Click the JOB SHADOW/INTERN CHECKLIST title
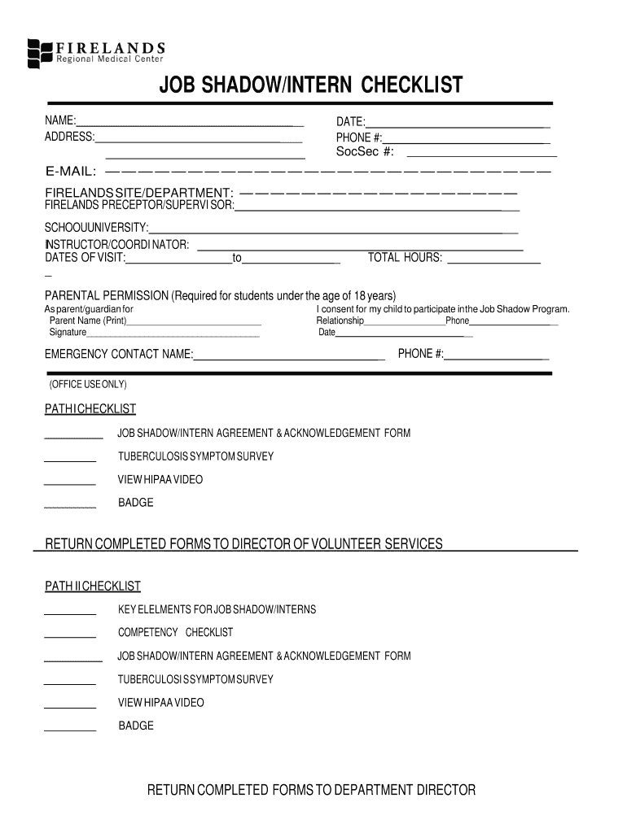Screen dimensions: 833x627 pyautogui.click(x=310, y=85)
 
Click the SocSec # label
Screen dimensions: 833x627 pyautogui.click(x=366, y=152)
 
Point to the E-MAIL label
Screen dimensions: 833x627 pyautogui.click(x=71, y=172)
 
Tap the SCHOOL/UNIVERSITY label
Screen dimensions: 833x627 pyautogui.click(x=96, y=227)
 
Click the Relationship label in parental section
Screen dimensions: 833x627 pyautogui.click(x=340, y=321)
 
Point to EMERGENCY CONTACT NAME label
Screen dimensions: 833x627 pyautogui.click(x=119, y=354)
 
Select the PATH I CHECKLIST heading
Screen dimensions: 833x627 pyautogui.click(x=90, y=408)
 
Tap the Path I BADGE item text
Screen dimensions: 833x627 pyautogui.click(x=135, y=503)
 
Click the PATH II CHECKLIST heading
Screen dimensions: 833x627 pyautogui.click(x=92, y=587)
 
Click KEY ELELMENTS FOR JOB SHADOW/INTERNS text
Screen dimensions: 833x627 pyautogui.click(x=217, y=609)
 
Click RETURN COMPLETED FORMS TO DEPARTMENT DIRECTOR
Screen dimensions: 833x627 pyautogui.click(x=310, y=790)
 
